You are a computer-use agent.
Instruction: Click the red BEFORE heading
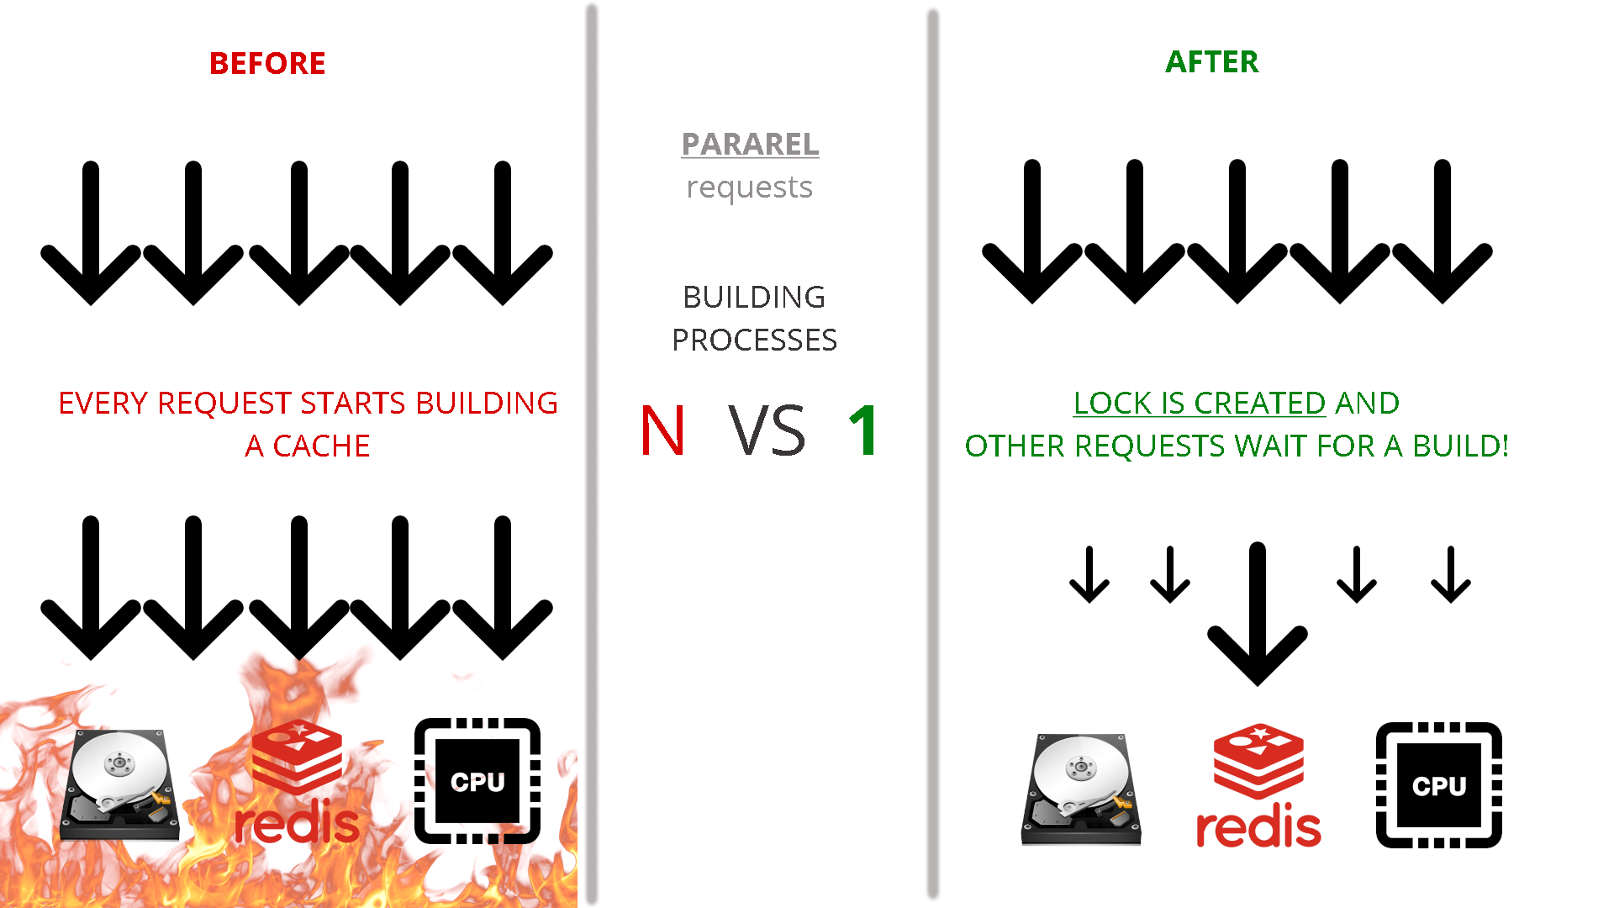[267, 63]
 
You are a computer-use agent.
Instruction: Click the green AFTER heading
[1211, 61]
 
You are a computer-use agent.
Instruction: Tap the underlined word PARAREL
[750, 144]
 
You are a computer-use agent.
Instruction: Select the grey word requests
[749, 187]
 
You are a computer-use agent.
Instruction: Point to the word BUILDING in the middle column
[754, 297]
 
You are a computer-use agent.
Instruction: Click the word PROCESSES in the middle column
[754, 340]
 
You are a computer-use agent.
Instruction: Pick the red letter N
[662, 430]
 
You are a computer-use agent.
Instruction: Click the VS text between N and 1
[767, 430]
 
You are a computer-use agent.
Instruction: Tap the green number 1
[864, 430]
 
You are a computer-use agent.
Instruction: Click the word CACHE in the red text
[321, 446]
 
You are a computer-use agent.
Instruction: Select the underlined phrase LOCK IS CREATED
[1200, 403]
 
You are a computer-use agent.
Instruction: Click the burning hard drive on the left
[119, 784]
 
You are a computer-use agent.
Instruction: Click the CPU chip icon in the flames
[477, 781]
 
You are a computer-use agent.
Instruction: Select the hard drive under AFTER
[1081, 789]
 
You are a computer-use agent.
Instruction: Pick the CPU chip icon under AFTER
[1438, 785]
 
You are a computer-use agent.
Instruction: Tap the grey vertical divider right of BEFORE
[592, 454]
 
